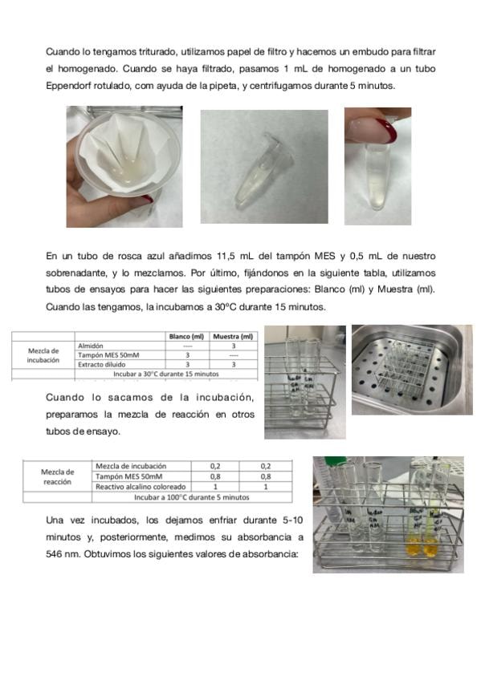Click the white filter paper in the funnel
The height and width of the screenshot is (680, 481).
126,152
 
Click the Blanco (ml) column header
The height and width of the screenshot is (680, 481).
186,337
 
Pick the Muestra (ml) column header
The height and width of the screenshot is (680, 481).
233,337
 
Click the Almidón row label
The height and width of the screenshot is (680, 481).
90,346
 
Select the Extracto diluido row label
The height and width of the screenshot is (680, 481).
102,364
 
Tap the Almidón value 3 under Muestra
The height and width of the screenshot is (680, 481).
234,346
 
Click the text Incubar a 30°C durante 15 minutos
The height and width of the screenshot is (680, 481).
166,374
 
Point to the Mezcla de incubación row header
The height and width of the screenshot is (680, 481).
43,355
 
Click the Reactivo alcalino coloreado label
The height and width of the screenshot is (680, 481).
141,487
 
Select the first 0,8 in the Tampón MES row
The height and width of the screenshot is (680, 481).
215,476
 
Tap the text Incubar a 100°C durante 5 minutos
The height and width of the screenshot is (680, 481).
191,497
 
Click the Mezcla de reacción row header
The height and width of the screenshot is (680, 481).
57,476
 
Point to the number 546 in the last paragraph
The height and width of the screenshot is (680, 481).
53,554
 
